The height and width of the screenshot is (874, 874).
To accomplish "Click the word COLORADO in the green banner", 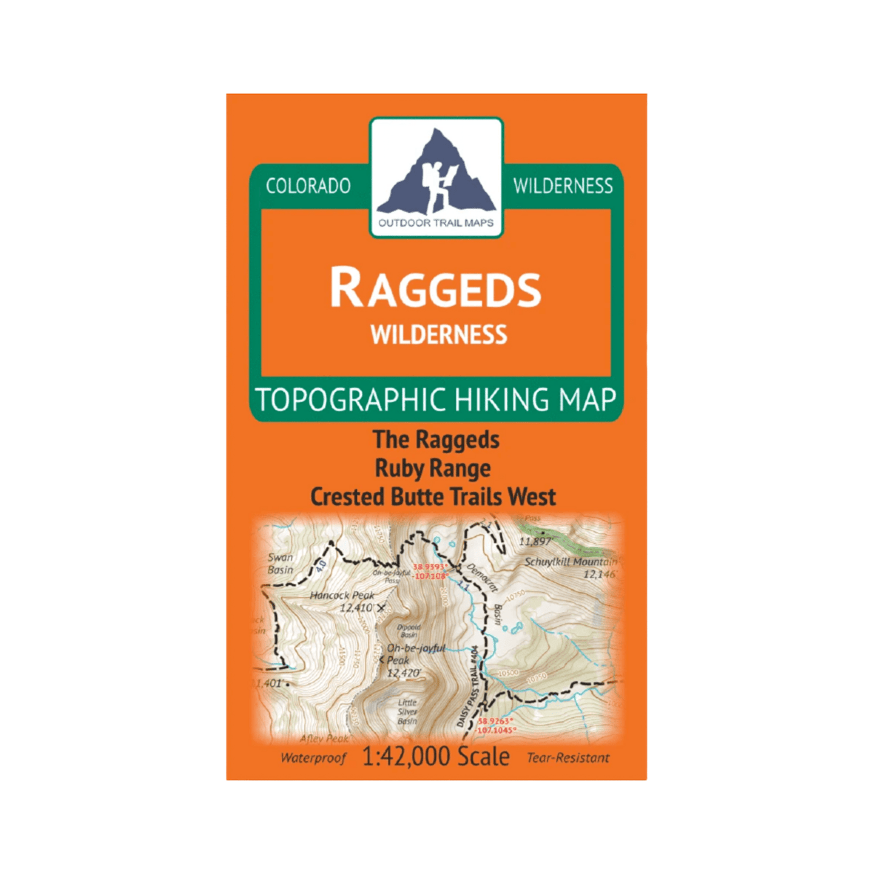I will [x=308, y=186].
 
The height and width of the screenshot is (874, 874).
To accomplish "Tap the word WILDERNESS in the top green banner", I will [x=563, y=186].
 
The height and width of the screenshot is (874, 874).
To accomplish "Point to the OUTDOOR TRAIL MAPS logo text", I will [x=436, y=223].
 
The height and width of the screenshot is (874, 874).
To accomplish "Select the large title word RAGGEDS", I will [x=436, y=288].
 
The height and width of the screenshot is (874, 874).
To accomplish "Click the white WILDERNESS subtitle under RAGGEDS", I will [x=438, y=335].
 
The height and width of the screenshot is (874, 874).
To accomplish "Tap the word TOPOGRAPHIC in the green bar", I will [x=350, y=400].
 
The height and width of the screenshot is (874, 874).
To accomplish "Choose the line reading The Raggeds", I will [x=436, y=440].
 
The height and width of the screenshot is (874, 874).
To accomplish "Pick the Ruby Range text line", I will [x=433, y=468].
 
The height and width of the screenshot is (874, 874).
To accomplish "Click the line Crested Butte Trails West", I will [x=433, y=497].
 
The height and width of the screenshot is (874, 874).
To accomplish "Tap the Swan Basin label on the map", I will [x=280, y=563].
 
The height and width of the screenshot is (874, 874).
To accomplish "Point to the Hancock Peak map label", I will [x=342, y=596].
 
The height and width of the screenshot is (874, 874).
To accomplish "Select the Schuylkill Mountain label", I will [x=570, y=562].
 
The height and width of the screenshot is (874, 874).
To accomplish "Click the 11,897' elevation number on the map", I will [x=535, y=541].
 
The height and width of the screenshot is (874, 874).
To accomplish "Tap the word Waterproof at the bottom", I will [x=313, y=758].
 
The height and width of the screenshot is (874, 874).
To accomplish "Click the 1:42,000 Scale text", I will [x=436, y=757].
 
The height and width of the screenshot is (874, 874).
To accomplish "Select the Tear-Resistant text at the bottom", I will [x=568, y=758].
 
